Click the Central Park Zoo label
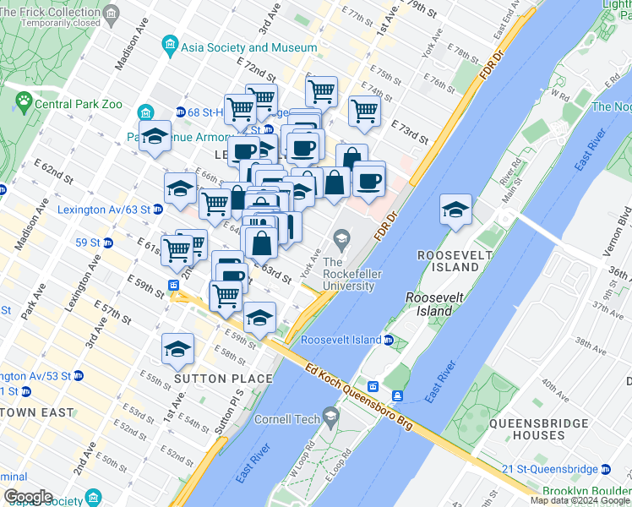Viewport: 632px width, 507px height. click(78, 105)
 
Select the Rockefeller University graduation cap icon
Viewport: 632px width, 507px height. click(342, 240)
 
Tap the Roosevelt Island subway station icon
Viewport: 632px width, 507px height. click(388, 340)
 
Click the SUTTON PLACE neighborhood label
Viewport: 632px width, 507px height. click(223, 379)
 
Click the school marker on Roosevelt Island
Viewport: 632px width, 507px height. click(455, 210)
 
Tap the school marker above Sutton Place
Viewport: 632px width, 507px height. click(178, 348)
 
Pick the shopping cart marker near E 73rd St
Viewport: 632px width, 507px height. click(364, 110)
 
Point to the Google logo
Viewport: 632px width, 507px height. click(28, 497)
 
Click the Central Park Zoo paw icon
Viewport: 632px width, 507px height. click(23, 104)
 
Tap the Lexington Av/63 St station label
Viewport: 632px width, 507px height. click(105, 210)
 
